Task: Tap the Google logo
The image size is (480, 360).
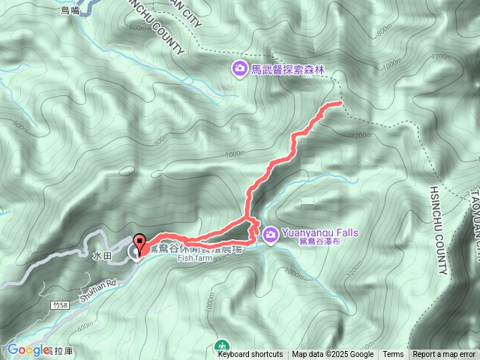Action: pyautogui.click(x=28, y=349)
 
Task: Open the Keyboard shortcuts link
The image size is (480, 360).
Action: pyautogui.click(x=250, y=355)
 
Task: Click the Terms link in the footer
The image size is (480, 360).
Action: pyautogui.click(x=393, y=355)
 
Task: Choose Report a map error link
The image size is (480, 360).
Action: pyautogui.click(x=444, y=355)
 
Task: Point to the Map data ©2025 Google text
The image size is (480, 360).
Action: pyautogui.click(x=332, y=355)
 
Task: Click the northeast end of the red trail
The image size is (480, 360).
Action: pyautogui.click(x=340, y=102)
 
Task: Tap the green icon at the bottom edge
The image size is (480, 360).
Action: pyautogui.click(x=222, y=346)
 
